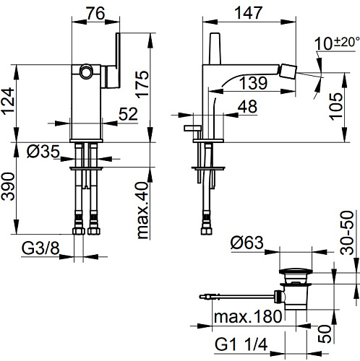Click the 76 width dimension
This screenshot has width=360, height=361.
point(95,13)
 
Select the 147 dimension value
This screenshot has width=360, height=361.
point(249,13)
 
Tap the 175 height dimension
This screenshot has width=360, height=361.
point(142,84)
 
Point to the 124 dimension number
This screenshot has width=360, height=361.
point(8,101)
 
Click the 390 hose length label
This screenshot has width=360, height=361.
point(8,186)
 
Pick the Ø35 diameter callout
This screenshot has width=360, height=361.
point(43,152)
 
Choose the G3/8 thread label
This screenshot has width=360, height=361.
point(40,248)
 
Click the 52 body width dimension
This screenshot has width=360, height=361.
point(128,114)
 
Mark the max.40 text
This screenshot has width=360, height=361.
point(142,210)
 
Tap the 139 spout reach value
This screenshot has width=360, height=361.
point(253,83)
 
